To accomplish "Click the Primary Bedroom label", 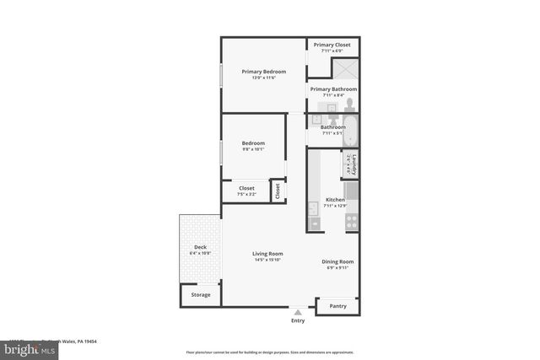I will click(x=263, y=72).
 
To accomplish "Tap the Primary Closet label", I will click(x=332, y=45).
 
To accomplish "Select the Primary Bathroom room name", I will click(x=333, y=89).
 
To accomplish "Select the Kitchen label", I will click(x=335, y=200).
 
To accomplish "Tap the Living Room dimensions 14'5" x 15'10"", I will click(x=267, y=261).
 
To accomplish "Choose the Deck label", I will click(x=200, y=247).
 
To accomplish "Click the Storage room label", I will click(x=201, y=295).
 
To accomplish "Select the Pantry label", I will click(x=337, y=306).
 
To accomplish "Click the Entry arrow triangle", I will click(x=298, y=313).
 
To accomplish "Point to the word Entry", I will click(x=298, y=320).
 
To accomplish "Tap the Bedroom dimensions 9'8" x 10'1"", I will click(x=253, y=149).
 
